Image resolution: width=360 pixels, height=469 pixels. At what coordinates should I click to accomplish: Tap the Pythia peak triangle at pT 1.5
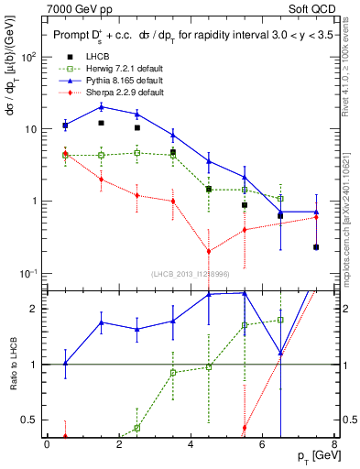click(101, 106)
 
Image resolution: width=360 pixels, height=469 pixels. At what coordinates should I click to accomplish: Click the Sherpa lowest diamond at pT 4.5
click(209, 251)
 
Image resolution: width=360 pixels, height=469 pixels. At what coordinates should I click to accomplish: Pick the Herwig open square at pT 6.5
click(280, 198)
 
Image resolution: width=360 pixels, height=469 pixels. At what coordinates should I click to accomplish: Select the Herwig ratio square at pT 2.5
click(136, 428)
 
